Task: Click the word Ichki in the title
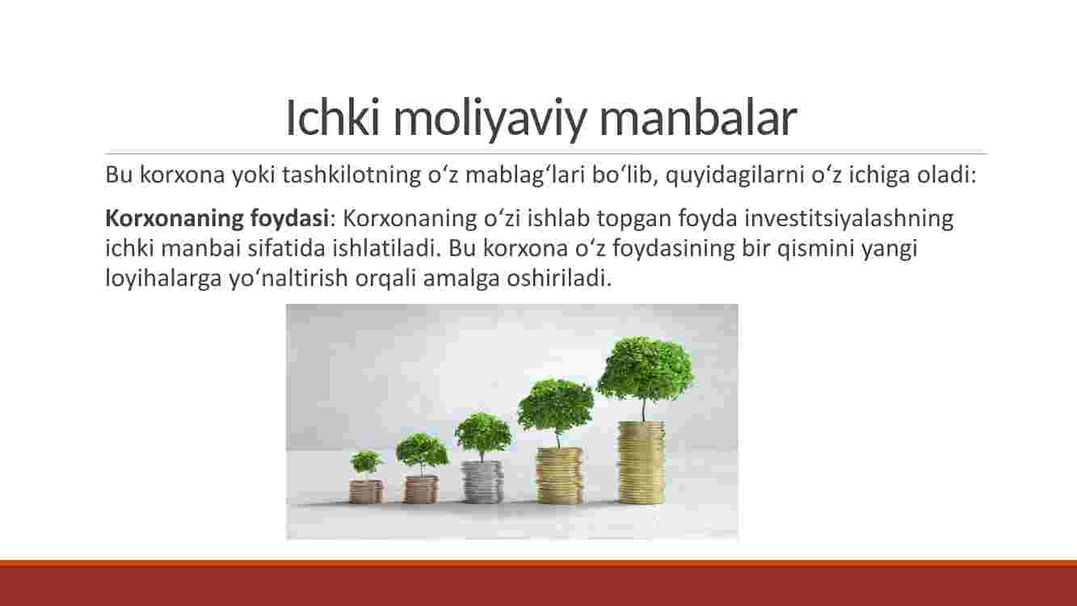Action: pos(333,117)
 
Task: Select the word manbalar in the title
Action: pos(698,117)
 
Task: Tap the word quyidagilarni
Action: pos(735,175)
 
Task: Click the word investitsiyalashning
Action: pos(849,219)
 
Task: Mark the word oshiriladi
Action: pos(559,278)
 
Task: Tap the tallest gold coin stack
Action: pos(642,462)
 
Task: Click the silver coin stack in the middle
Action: pos(482,482)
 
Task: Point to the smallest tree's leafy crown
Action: pos(366,461)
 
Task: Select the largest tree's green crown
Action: pos(646,369)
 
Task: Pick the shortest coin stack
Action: pos(366,491)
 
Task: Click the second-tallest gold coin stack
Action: pos(559,476)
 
